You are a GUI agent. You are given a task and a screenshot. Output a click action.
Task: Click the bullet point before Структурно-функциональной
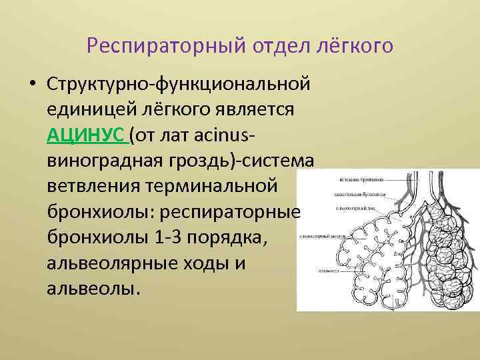point(32,85)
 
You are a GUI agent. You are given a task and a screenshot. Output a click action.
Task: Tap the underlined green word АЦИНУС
point(87,136)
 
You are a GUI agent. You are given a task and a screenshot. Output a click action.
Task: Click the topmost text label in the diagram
point(361,180)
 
